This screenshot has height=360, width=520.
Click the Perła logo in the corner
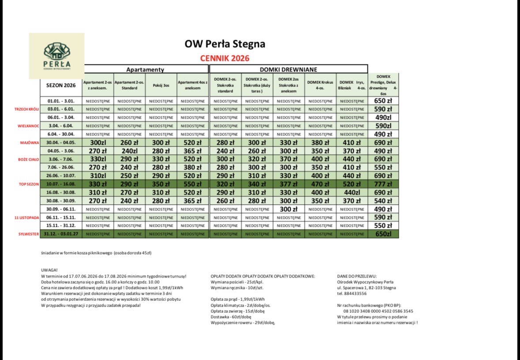(56, 56)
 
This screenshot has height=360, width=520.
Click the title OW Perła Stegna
(225, 44)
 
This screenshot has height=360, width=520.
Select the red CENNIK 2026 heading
(224, 58)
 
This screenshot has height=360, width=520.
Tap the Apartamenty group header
(145, 69)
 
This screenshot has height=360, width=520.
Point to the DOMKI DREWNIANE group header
(288, 69)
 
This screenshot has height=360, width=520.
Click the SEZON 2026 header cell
(61, 85)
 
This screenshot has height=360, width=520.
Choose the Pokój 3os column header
(161, 85)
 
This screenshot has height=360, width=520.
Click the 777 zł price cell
(383, 184)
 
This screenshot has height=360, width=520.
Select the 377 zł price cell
(288, 184)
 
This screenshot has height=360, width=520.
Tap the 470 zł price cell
(320, 184)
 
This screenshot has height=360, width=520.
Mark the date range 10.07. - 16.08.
(61, 184)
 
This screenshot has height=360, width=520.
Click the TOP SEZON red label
(29, 184)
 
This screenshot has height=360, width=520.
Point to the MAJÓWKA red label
(30, 142)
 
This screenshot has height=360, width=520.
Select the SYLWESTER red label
(27, 234)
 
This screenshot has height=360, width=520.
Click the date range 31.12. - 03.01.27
(61, 234)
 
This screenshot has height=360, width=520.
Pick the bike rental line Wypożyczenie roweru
(243, 322)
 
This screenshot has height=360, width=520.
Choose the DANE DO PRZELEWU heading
(356, 276)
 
